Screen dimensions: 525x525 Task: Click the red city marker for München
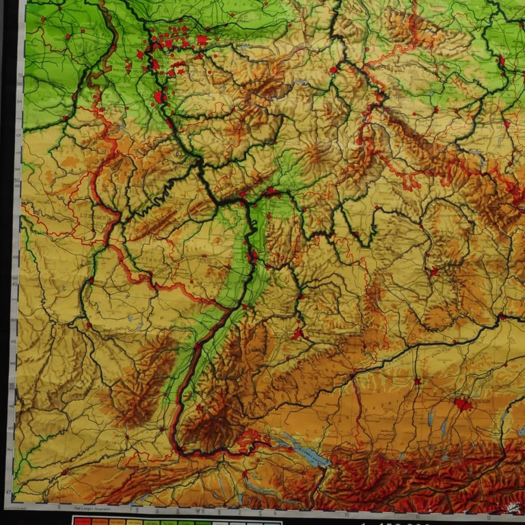463,404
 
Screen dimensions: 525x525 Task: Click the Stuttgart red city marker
298,334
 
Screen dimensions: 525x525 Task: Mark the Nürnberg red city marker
432,271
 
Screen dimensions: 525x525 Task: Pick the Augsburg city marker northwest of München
416,381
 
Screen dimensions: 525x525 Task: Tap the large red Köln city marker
159,98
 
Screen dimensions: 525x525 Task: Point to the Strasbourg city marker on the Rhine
197,347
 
